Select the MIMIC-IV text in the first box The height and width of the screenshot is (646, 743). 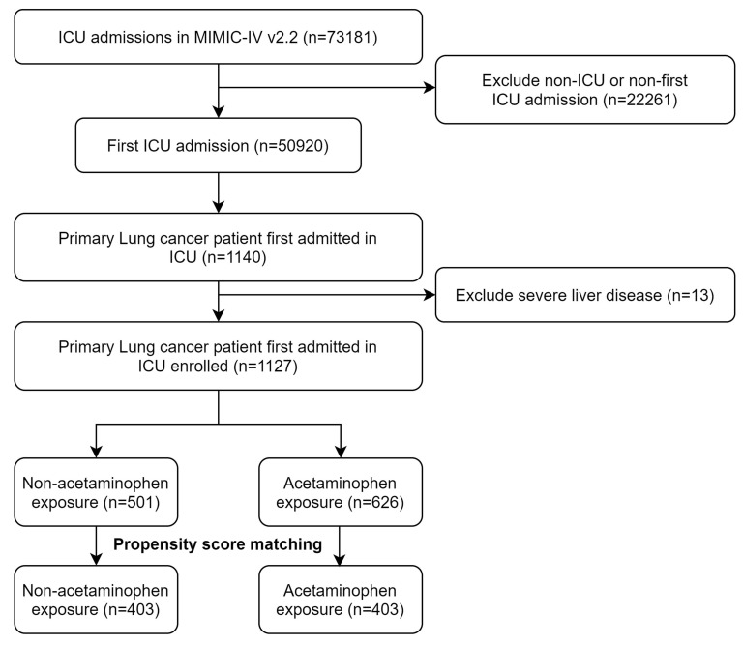[228, 37]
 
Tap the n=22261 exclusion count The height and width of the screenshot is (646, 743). [640, 100]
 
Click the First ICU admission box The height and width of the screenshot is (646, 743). [219, 145]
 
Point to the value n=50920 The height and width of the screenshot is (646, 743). [291, 146]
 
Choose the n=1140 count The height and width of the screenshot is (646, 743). [234, 257]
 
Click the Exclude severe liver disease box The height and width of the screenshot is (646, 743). [585, 295]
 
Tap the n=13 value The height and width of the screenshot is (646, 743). [691, 296]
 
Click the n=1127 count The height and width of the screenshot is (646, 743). [265, 367]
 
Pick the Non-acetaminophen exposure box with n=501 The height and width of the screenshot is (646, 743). [96, 492]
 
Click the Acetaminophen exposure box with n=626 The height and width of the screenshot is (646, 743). [341, 492]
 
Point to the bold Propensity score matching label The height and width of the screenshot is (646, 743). [218, 544]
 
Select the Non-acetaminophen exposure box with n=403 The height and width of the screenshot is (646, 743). [96, 600]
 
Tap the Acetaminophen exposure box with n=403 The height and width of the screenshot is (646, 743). [341, 600]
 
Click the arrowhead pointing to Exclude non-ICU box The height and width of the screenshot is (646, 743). [430, 88]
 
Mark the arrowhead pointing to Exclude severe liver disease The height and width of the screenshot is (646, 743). [430, 295]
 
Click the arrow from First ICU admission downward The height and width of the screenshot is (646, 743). [219, 192]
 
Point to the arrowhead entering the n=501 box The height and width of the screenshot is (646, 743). [96, 452]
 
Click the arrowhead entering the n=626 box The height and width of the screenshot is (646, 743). [341, 452]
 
